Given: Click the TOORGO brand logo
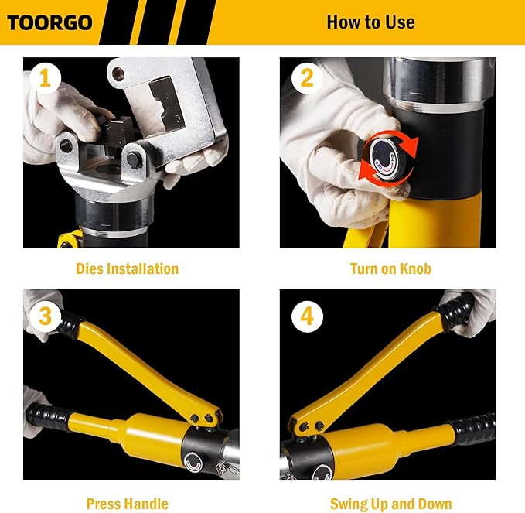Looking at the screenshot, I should pyautogui.click(x=49, y=22).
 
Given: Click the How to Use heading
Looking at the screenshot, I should pyautogui.click(x=370, y=22).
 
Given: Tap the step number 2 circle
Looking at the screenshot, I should pyautogui.click(x=307, y=77).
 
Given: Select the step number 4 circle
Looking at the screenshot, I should pyautogui.click(x=307, y=316).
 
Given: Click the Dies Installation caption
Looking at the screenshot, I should pyautogui.click(x=127, y=269).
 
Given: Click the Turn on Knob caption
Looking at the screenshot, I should pyautogui.click(x=390, y=269).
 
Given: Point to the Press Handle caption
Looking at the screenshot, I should pyautogui.click(x=127, y=504).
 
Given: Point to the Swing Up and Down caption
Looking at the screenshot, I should pyautogui.click(x=390, y=504).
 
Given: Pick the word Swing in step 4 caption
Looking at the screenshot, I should pyautogui.click(x=349, y=504).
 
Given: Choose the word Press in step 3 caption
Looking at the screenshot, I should pyautogui.click(x=104, y=504).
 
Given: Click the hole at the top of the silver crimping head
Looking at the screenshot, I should pyautogui.click(x=118, y=75).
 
